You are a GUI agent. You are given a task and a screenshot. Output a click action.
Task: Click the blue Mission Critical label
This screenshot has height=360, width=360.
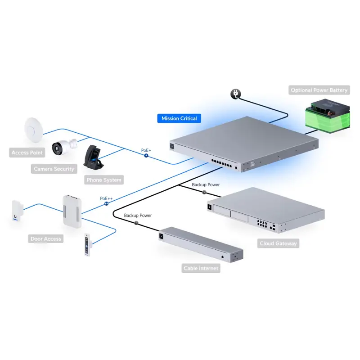[x=179, y=118]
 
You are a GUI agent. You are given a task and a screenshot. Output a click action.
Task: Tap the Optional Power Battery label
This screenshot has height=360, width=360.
[x=319, y=90]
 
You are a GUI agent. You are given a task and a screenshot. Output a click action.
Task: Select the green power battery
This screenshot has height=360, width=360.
[x=327, y=117]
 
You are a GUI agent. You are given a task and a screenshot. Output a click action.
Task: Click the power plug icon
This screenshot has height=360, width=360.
[x=235, y=93]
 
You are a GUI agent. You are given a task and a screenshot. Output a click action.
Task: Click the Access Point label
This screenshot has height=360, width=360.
[x=27, y=153]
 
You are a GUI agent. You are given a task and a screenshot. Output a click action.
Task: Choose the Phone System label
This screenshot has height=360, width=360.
[x=103, y=180]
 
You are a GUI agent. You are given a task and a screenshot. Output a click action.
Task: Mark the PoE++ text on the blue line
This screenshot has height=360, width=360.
[x=106, y=198]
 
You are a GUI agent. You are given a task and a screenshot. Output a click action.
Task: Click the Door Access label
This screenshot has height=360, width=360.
[x=46, y=238]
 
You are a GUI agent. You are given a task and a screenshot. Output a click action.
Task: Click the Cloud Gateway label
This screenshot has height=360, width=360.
[x=278, y=243]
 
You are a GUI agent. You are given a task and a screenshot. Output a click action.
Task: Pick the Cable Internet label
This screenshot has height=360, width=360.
[x=201, y=268]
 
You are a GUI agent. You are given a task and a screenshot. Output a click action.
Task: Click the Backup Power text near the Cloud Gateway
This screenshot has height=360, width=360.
[x=206, y=185]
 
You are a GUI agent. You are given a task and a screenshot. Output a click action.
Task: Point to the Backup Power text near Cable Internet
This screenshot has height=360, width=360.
[x=138, y=216]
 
